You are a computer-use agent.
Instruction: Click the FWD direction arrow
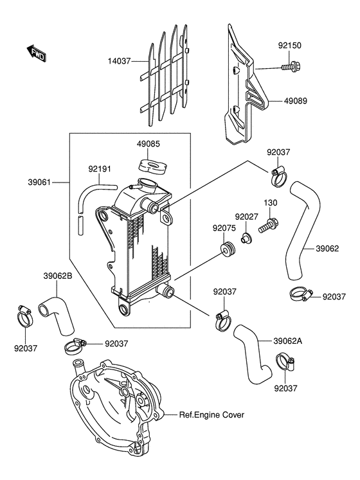pos(36,53)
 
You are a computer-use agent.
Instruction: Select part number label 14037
pos(119,61)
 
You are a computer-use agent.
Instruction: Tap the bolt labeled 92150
pos(290,66)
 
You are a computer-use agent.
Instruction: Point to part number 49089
pos(295,101)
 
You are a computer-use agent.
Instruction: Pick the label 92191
pos(100,169)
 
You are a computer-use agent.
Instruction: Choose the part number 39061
pos(39,182)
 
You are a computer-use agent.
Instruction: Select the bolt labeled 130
pos(269,225)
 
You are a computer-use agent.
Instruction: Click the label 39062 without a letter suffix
pos(327,249)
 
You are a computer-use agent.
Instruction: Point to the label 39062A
pos(288,341)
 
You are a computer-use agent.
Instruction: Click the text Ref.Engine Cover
pos(212,415)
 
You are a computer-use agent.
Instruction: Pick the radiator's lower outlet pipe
pos(166,291)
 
